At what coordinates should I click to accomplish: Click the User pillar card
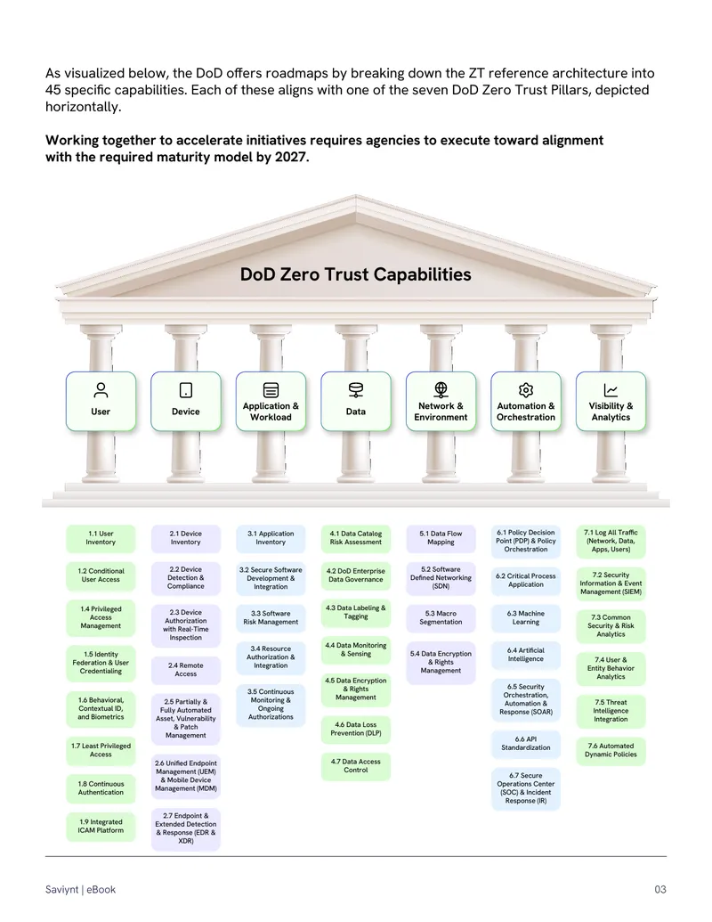point(101,402)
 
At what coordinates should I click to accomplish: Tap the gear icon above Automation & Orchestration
point(526,390)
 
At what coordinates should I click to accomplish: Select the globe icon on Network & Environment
point(441,389)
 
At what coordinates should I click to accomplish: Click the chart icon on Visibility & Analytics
point(611,390)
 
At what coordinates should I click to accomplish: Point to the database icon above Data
point(356,390)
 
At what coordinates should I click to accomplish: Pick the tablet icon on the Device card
point(186,390)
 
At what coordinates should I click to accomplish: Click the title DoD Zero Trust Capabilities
point(355,274)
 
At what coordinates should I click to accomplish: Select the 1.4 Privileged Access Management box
point(101,618)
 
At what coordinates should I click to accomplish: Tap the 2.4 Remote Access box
point(186,670)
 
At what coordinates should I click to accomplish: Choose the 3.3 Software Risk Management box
point(271,618)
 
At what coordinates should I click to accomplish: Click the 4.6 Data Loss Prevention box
point(356,729)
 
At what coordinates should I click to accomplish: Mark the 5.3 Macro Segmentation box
point(441,618)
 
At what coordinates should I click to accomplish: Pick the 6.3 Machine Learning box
point(526,618)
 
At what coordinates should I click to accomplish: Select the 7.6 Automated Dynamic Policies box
point(611,751)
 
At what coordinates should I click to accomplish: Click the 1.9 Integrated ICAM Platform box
point(101,827)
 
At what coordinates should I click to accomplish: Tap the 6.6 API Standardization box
point(526,744)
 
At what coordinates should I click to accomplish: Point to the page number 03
point(660,890)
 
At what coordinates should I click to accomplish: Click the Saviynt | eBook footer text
point(80,890)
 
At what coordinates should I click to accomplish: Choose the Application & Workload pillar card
point(271,402)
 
